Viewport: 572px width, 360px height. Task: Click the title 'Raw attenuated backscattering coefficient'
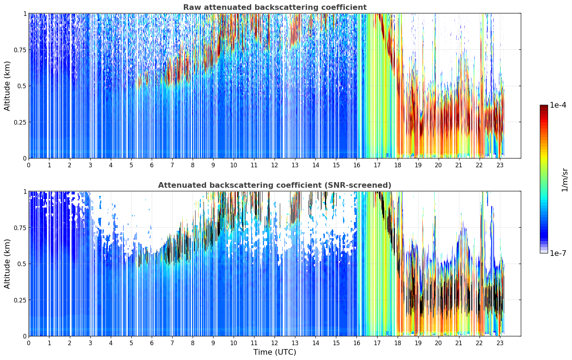pyautogui.click(x=275, y=7)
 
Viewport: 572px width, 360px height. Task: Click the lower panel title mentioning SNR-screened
pyautogui.click(x=275, y=185)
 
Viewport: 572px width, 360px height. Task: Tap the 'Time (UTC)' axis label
pyautogui.click(x=275, y=352)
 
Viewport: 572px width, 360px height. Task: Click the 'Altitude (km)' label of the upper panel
pyautogui.click(x=7, y=86)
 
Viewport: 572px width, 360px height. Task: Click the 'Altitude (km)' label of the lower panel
pyautogui.click(x=7, y=264)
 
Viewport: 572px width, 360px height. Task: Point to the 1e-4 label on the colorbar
pyautogui.click(x=558, y=105)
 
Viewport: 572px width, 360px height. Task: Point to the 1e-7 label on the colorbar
pyautogui.click(x=558, y=253)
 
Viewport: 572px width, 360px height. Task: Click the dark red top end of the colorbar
pyautogui.click(x=544, y=106)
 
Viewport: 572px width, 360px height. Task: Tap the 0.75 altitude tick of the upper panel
pyautogui.click(x=20, y=50)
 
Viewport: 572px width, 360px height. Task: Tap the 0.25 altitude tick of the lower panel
pyautogui.click(x=20, y=300)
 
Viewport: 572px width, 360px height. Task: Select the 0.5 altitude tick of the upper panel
pyautogui.click(x=22, y=86)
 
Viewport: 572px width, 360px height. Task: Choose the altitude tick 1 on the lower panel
pyautogui.click(x=25, y=192)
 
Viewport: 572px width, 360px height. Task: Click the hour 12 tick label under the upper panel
pyautogui.click(x=275, y=165)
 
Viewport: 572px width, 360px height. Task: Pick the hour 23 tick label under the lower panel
pyautogui.click(x=500, y=343)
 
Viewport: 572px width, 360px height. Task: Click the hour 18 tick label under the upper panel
pyautogui.click(x=398, y=165)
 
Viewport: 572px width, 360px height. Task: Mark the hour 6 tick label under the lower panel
pyautogui.click(x=152, y=343)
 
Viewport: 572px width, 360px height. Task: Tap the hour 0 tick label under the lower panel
pyautogui.click(x=29, y=343)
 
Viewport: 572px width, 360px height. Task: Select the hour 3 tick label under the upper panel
pyautogui.click(x=90, y=165)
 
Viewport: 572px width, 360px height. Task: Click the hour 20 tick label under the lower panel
pyautogui.click(x=439, y=343)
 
